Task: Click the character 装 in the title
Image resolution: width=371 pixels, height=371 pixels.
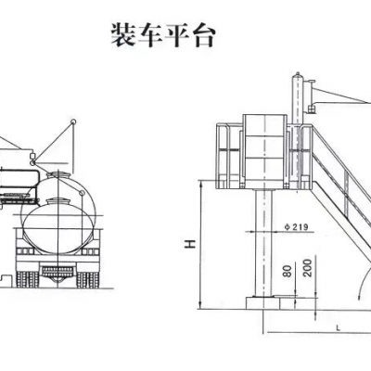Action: pos(124,35)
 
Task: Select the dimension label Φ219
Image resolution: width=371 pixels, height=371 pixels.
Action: pos(296,227)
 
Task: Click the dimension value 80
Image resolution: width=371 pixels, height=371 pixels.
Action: pos(288,271)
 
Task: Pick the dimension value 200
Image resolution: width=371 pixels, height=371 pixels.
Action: pos(309,268)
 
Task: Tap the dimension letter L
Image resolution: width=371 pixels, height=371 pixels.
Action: pos(339,327)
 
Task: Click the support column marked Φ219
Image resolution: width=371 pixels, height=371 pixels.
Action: pos(264,243)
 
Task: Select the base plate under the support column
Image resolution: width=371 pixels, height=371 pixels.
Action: pos(262,303)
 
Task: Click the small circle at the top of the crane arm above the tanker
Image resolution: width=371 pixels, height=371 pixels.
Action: pos(73,122)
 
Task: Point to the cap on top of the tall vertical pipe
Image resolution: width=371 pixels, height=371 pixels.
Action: pos(298,74)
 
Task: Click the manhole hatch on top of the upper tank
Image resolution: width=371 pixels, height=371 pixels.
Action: pos(58,174)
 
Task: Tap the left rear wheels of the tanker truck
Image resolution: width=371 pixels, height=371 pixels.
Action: pos(27,279)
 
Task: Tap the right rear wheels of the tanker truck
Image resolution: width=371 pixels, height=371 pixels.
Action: pos(88,279)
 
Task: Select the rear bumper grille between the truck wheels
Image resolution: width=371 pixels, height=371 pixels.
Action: pos(58,271)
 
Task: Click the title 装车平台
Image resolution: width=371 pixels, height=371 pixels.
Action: pos(163,35)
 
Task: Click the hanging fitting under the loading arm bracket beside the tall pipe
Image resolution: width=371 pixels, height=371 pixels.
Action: pos(312,109)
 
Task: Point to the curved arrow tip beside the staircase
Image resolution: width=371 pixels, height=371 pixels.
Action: pos(359,298)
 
